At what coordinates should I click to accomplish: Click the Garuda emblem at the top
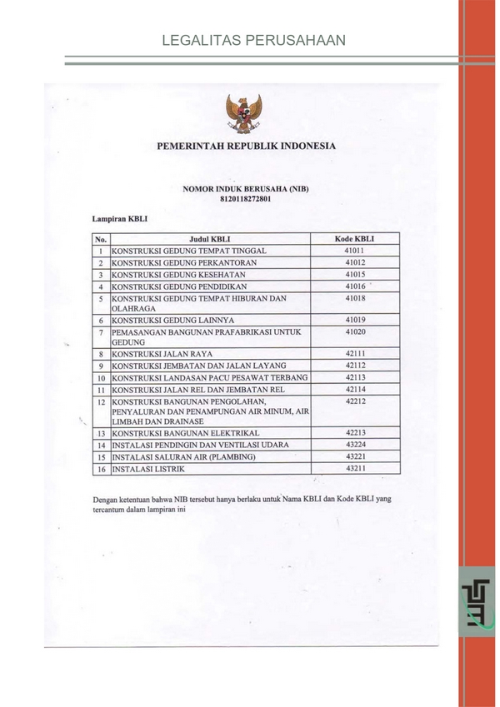coord(246,113)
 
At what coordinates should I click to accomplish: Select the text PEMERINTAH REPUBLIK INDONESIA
coord(246,146)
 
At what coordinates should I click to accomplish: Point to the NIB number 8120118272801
coord(246,200)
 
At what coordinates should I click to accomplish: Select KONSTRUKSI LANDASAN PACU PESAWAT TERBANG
coord(210,377)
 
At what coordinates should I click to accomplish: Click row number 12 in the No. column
coord(100,401)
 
